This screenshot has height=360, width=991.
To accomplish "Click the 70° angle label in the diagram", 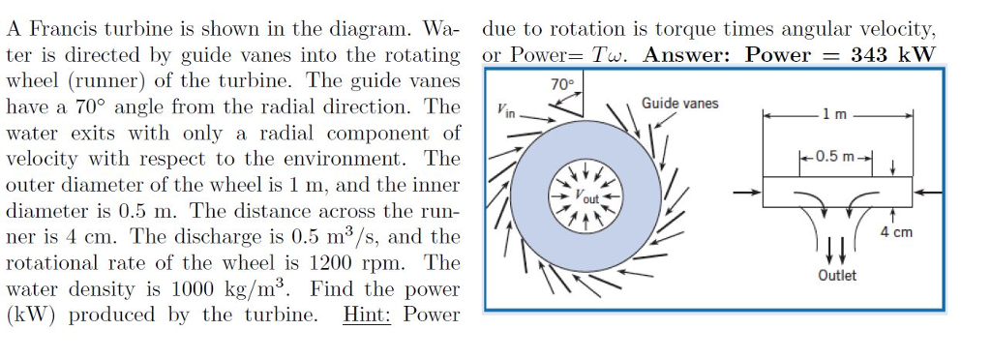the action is pyautogui.click(x=561, y=84).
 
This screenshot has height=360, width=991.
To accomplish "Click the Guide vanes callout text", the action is pyautogui.click(x=679, y=104).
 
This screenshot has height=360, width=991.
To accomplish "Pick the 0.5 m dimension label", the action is pyautogui.click(x=834, y=157).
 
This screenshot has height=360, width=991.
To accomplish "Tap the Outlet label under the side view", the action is pyautogui.click(x=836, y=276).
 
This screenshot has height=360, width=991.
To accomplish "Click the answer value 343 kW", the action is pyautogui.click(x=893, y=54).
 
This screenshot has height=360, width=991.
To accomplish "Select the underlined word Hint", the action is pyautogui.click(x=367, y=315).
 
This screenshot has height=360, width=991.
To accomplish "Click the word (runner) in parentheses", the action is pyautogui.click(x=105, y=80).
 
